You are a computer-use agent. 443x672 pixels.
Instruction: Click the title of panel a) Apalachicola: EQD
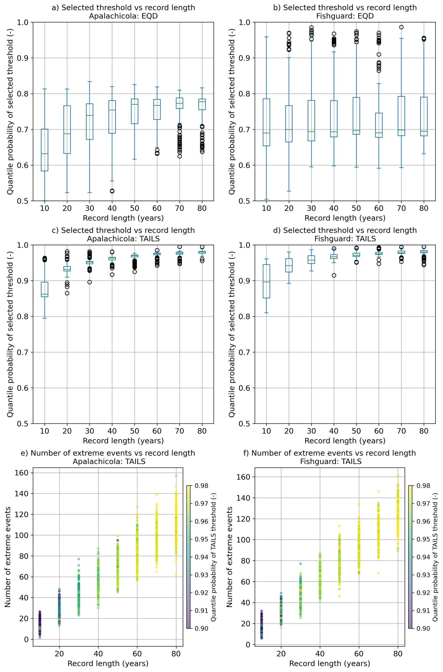123,11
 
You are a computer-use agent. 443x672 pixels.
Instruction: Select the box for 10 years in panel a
45,150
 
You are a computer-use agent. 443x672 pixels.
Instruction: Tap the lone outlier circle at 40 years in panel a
112,191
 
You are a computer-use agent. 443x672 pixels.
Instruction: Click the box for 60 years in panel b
379,125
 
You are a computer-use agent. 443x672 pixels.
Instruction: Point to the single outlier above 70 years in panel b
401,27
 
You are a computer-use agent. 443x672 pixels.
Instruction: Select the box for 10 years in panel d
266,281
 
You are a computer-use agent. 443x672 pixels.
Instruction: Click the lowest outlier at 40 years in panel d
334,275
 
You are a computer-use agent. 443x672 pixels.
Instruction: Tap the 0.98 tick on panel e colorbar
201,486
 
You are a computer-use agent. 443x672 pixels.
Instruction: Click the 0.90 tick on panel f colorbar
423,628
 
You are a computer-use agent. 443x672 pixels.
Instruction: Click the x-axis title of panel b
345,218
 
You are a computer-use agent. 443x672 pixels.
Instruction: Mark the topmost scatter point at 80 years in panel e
176,476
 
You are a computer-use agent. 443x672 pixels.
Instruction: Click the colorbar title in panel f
435,557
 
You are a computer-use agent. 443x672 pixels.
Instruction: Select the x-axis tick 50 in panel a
134,208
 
